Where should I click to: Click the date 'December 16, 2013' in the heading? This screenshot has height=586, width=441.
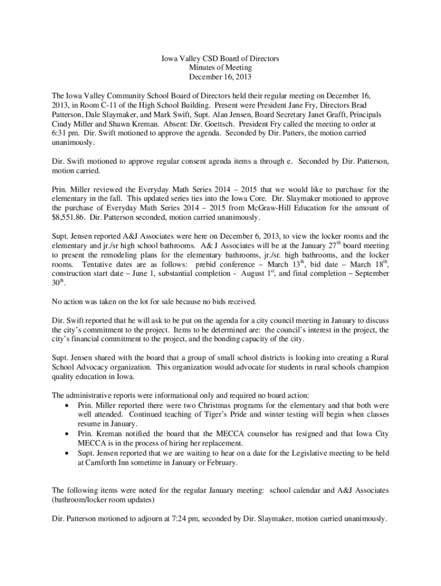tap(220, 76)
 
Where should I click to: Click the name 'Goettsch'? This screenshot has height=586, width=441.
tap(196, 123)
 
